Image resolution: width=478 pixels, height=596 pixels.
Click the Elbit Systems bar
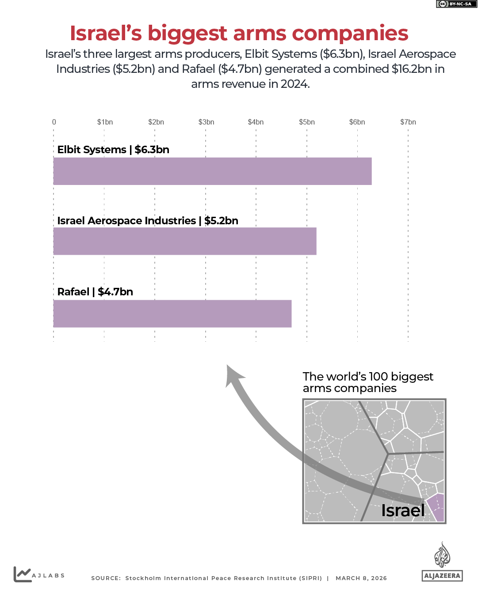212,171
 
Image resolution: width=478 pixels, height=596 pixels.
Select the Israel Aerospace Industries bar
185,241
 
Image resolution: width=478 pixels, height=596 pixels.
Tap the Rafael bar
172,313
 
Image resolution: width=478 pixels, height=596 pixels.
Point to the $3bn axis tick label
206,122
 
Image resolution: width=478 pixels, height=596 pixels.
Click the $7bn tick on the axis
408,122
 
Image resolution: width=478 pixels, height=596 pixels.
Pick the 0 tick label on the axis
54,122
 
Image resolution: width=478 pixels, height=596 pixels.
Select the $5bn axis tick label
307,122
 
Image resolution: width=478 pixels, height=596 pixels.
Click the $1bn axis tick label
105,122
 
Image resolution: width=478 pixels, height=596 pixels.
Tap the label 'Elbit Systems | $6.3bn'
113,150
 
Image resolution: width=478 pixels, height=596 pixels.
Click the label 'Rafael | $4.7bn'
95,292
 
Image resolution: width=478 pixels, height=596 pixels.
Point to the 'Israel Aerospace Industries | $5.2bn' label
148,221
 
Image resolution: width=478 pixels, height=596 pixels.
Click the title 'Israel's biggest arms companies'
239,33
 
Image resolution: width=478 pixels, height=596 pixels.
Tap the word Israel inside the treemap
402,510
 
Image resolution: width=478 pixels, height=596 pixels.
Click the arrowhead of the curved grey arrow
233,375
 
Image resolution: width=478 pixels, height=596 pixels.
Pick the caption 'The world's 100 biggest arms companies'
367,382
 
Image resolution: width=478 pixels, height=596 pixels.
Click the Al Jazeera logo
442,562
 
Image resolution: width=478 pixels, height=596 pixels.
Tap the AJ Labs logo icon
22,574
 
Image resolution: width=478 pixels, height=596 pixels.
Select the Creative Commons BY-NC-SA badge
456,4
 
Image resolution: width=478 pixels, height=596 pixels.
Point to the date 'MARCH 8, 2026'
361,578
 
